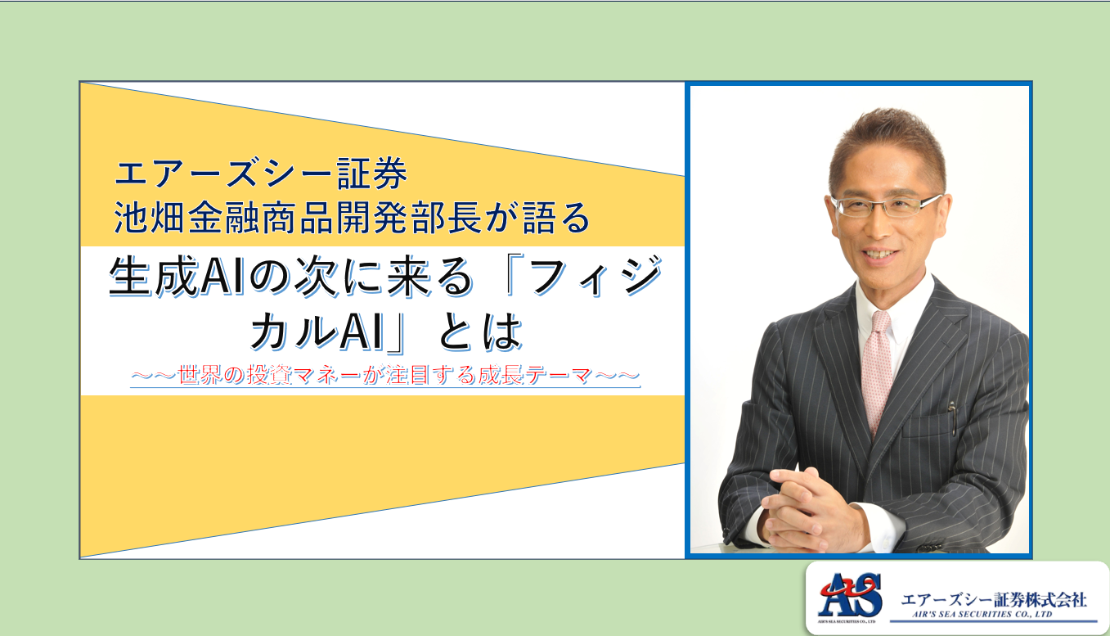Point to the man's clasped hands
[x=813, y=511]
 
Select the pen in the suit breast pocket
[x=952, y=418]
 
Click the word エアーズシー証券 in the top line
[x=261, y=173]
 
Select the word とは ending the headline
[x=480, y=332]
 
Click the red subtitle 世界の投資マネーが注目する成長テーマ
[x=385, y=375]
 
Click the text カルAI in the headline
[x=318, y=332]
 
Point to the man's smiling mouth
[x=881, y=255]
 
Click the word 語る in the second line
[x=556, y=217]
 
